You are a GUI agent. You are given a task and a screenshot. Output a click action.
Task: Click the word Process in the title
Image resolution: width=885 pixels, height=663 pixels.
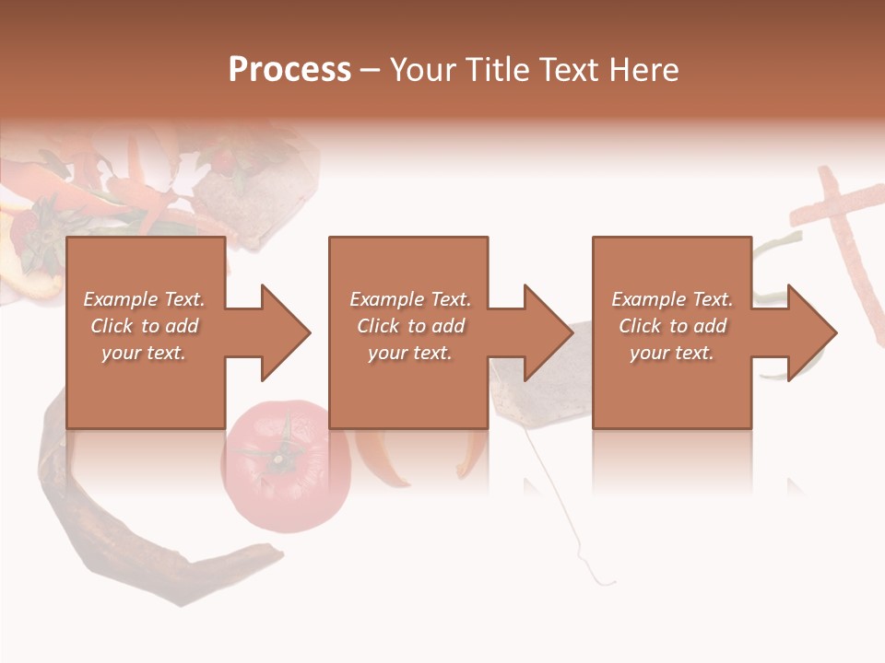[x=289, y=70]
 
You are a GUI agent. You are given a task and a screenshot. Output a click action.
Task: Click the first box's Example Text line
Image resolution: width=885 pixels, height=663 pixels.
[x=145, y=299]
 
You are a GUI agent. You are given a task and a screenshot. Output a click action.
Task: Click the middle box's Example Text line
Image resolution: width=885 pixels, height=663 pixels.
[x=410, y=299]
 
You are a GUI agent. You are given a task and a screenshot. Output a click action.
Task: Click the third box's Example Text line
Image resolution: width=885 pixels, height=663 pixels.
[x=672, y=299]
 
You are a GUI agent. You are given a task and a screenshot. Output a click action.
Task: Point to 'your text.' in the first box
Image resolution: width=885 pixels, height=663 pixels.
[x=144, y=353]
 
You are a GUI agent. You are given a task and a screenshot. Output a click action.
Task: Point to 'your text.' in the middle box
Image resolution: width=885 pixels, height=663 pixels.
[x=410, y=353]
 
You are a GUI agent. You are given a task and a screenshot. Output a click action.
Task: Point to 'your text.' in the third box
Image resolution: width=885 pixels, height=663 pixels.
[x=672, y=353]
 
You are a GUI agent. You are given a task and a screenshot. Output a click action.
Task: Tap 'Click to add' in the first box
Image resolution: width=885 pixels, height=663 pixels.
[x=145, y=326]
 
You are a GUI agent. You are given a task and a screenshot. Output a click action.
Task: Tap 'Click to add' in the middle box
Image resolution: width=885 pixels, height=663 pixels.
[x=410, y=326]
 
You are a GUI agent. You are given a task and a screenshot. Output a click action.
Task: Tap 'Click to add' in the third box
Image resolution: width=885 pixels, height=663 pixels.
[x=672, y=326]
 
